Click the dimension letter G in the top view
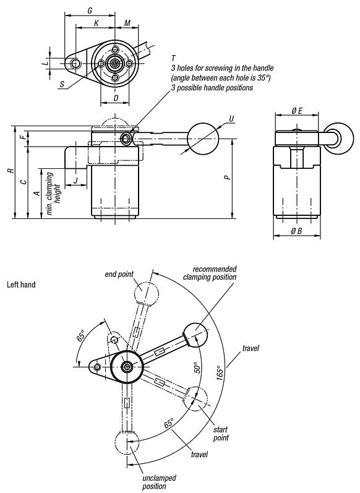pyautogui.click(x=90, y=11)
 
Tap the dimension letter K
pyautogui.click(x=96, y=23)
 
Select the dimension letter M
pyautogui.click(x=127, y=23)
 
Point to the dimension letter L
pyautogui.click(x=44, y=63)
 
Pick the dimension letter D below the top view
pyautogui.click(x=116, y=98)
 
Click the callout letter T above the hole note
pyautogui.click(x=173, y=58)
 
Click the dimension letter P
pyautogui.click(x=228, y=178)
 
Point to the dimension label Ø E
pyautogui.click(x=296, y=111)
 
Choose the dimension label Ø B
pyautogui.click(x=296, y=231)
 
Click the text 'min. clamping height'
pyautogui.click(x=53, y=193)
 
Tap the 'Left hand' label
pyautogui.click(x=21, y=285)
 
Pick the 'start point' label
pyautogui.click(x=221, y=434)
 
